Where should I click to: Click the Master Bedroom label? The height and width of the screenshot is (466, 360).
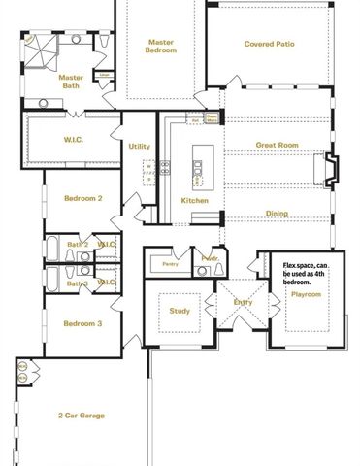point(161,46)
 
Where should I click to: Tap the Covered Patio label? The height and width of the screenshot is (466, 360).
point(269,44)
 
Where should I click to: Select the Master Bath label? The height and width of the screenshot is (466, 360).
point(71,82)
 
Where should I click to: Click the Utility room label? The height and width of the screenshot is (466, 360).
point(139,146)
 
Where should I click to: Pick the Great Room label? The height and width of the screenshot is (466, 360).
point(277,146)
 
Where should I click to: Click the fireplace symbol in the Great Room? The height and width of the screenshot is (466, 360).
point(330,171)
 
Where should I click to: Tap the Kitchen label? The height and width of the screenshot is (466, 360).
point(194,200)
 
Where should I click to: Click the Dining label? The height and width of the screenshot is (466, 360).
point(277,214)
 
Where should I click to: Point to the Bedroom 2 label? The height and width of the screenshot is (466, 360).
point(82,198)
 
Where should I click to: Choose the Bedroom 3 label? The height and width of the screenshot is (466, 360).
point(82,323)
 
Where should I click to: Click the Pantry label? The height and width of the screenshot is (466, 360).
point(170,263)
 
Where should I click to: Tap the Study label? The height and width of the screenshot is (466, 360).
point(179,312)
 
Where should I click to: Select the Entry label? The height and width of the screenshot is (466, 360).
point(242,302)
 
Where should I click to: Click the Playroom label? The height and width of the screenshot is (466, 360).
point(306,293)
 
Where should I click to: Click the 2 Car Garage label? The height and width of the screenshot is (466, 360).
point(81,416)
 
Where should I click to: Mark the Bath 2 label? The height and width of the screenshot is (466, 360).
point(78,244)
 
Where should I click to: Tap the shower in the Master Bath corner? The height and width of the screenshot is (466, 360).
point(37,48)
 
